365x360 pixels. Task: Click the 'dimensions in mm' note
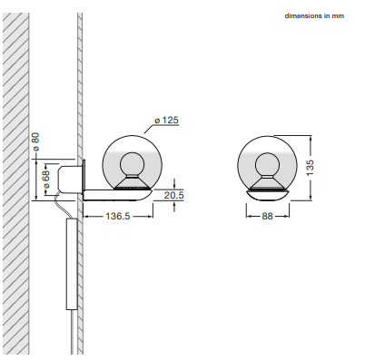pyautogui.click(x=314, y=16)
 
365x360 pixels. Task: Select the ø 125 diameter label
pyautogui.click(x=166, y=120)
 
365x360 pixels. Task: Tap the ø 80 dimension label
pyautogui.click(x=35, y=141)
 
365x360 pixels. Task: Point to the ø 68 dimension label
pyautogui.click(x=46, y=180)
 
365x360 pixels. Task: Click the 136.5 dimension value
pyautogui.click(x=118, y=216)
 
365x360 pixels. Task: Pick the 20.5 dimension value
pyautogui.click(x=173, y=195)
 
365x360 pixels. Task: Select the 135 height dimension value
pyautogui.click(x=311, y=168)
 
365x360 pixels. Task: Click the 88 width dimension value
pyautogui.click(x=267, y=216)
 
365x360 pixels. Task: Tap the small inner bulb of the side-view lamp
pyautogui.click(x=132, y=164)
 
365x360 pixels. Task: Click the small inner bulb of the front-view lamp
pyautogui.click(x=267, y=164)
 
